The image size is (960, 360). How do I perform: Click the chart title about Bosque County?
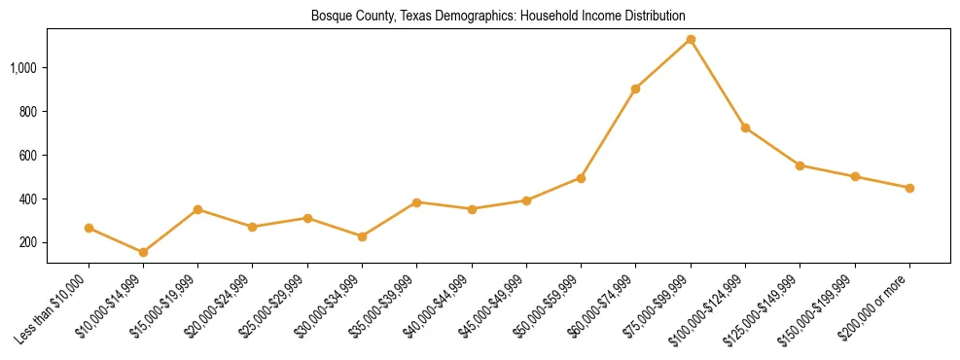[x=498, y=17]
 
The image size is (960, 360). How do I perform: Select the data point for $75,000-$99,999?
[x=691, y=39]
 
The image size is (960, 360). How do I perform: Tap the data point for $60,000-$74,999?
[x=636, y=89]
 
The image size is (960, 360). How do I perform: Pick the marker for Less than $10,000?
[x=89, y=228]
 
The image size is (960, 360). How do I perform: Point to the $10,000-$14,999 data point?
[x=143, y=252]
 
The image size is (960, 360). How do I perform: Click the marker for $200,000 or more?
[x=909, y=188]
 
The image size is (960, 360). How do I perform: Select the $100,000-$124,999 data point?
[x=745, y=127]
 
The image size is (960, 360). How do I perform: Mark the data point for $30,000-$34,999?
[x=362, y=236]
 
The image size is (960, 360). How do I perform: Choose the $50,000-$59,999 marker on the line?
[x=581, y=178]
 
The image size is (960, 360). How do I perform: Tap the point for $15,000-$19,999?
[x=197, y=209]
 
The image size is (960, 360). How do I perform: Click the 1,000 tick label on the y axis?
[x=23, y=67]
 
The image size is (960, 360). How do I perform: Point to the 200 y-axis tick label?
[x=28, y=242]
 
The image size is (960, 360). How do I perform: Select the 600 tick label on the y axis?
[x=28, y=155]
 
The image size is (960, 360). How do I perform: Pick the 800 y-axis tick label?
[x=28, y=111]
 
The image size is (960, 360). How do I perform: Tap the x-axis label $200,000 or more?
[x=876, y=307]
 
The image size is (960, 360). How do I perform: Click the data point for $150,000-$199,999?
[x=855, y=176]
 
